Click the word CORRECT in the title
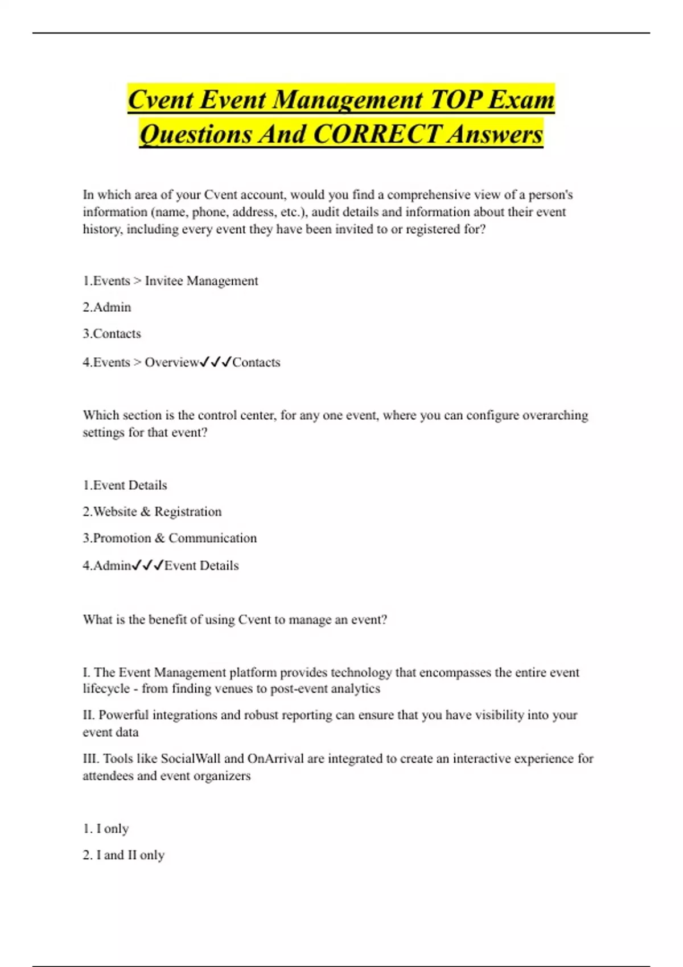[x=376, y=135]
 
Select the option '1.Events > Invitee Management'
[x=170, y=281]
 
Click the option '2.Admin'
[x=107, y=307]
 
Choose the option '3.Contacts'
[x=112, y=334]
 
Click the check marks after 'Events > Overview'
[x=216, y=362]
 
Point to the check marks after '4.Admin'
[x=147, y=565]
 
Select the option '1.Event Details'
[x=125, y=485]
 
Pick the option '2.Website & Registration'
[x=152, y=512]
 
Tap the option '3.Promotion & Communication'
[x=170, y=538]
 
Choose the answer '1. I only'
[x=106, y=829]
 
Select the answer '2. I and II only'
[x=124, y=855]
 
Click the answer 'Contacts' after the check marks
[x=256, y=362]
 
